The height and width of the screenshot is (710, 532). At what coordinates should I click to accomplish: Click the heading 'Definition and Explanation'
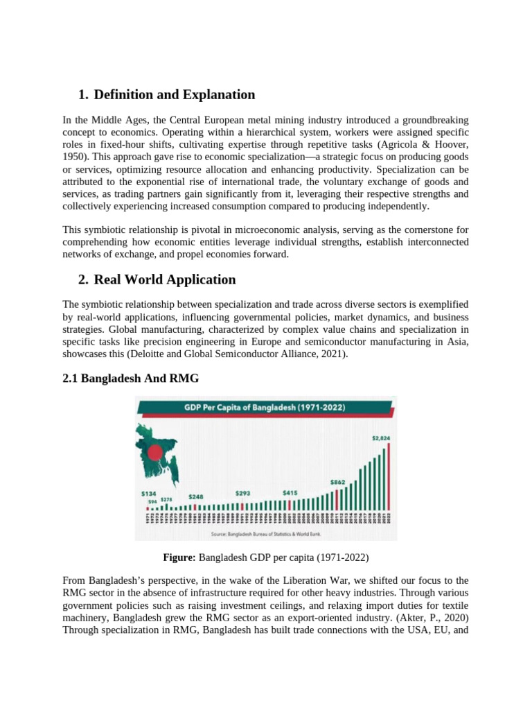point(174,95)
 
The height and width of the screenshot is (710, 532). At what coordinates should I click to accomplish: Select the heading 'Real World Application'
point(164,280)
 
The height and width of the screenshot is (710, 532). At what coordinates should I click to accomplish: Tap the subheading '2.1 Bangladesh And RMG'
point(131,378)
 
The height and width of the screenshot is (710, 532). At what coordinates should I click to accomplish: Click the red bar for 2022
point(389,476)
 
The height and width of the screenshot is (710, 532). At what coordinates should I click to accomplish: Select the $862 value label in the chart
point(337,481)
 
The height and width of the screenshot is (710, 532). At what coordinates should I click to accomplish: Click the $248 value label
point(196,496)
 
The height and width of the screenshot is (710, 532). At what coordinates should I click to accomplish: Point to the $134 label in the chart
point(148,493)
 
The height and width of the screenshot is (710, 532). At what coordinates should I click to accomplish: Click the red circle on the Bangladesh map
point(155,453)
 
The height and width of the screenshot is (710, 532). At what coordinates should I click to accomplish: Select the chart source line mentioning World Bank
point(265,534)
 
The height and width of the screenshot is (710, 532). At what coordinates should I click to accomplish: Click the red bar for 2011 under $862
point(337,499)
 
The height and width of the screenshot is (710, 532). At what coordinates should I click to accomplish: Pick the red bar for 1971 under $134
point(147,508)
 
